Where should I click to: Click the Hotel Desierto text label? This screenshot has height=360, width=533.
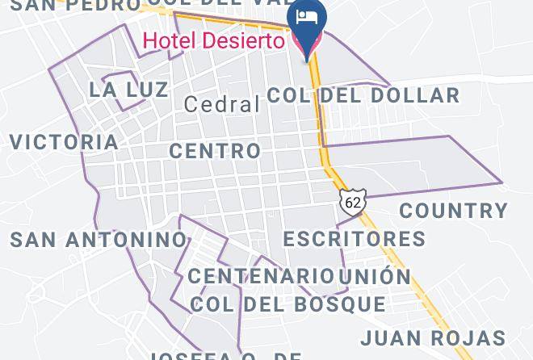click(x=213, y=40)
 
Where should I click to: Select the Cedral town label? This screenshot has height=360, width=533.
click(x=222, y=104)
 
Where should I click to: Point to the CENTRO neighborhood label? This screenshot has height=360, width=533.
click(x=216, y=151)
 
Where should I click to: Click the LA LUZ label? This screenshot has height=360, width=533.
click(x=129, y=90)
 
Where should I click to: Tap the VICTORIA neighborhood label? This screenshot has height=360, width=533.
click(x=64, y=142)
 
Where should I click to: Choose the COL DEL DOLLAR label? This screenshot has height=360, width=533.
click(x=363, y=95)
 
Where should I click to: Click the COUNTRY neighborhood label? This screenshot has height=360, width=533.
click(x=454, y=211)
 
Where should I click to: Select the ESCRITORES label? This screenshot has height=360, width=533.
click(x=355, y=239)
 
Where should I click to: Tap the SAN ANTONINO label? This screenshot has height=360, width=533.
click(x=99, y=240)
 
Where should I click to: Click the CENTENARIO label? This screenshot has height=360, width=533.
click(x=262, y=276)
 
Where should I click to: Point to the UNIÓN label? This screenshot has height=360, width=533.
click(x=375, y=276)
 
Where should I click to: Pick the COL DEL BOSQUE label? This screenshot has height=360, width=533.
click(x=288, y=304)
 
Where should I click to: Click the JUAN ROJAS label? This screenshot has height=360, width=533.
click(x=444, y=337)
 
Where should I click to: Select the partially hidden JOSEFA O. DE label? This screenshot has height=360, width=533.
click(x=225, y=355)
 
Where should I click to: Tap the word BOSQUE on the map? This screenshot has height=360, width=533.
click(x=335, y=304)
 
